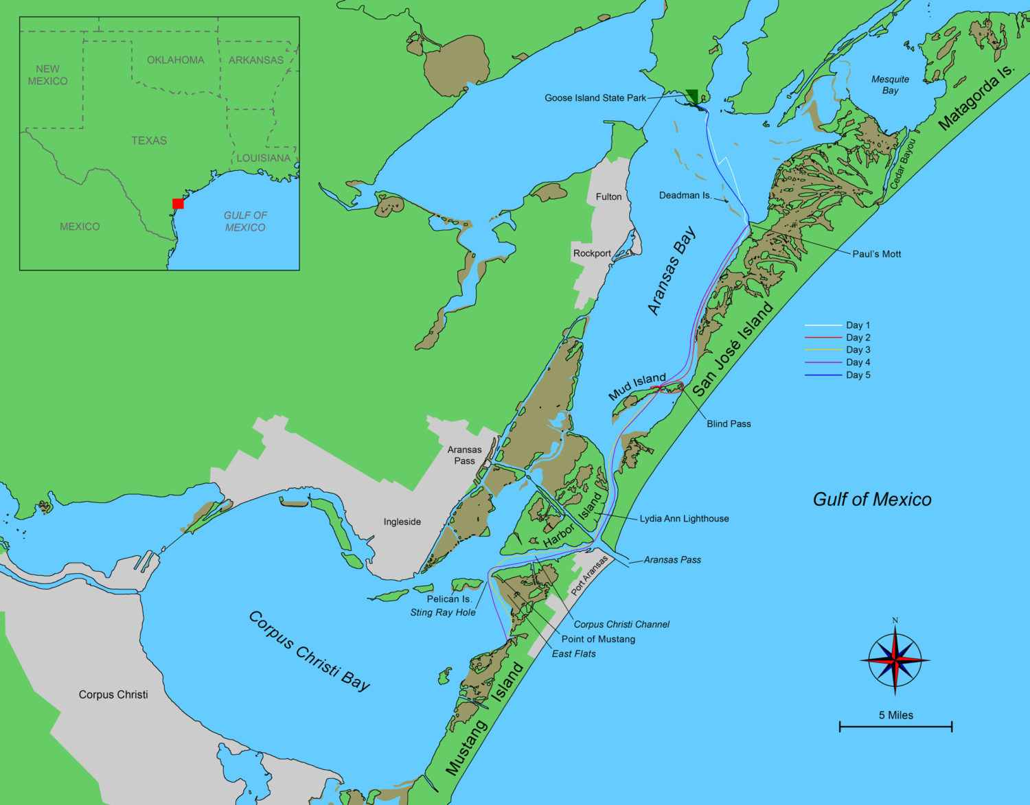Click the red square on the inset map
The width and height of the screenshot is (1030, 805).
[178, 203]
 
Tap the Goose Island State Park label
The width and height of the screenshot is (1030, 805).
[595, 98]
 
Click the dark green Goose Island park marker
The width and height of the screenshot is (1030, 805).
[693, 97]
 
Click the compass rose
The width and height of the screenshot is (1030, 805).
[895, 659]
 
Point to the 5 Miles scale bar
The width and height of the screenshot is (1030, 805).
[895, 725]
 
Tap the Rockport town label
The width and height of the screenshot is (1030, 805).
[592, 253]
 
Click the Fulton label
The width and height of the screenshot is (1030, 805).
[608, 196]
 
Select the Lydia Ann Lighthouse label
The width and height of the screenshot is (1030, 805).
[684, 519]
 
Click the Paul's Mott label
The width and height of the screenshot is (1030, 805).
[876, 254]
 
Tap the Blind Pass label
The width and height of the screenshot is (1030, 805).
[729, 424]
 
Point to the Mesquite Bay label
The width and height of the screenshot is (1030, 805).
[890, 85]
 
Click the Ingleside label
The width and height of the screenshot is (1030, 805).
[402, 522]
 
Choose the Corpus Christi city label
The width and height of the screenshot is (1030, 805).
[113, 695]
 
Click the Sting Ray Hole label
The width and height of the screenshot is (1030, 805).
[443, 612]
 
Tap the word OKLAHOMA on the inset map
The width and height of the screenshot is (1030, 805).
[176, 60]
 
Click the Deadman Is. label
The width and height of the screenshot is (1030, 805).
[685, 196]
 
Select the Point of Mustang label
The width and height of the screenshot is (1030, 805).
[598, 639]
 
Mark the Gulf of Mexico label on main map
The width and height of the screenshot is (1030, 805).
[872, 500]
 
